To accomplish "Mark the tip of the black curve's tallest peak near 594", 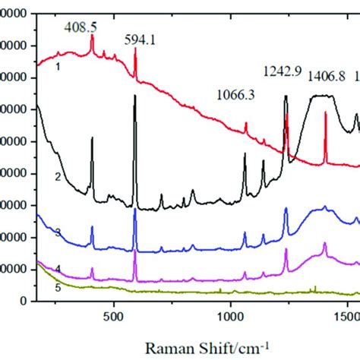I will point(135,95).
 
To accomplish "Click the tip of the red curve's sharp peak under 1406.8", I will point(325,112).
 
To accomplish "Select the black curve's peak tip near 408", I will point(92,138).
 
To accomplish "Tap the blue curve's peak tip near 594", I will point(135,209).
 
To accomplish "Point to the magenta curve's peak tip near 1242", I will point(286,249).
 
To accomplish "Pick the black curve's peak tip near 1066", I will point(245,153).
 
